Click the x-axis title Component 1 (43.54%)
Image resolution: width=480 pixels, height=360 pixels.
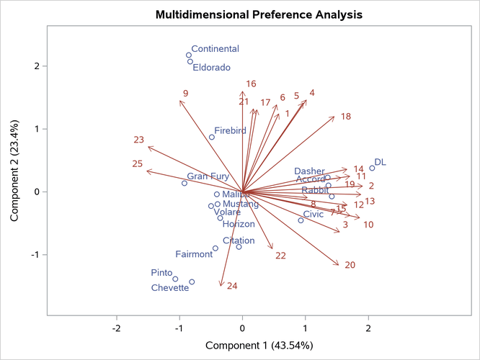259,345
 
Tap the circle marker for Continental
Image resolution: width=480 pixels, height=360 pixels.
189,55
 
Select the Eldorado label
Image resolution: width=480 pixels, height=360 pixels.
210,68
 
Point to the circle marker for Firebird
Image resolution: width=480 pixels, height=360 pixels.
212,137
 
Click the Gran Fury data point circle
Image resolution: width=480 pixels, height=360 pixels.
185,183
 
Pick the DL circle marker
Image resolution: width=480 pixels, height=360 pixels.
372,168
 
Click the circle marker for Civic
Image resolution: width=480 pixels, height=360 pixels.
301,220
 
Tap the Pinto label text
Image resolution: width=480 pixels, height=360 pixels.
161,273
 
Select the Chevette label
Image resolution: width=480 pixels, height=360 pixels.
170,288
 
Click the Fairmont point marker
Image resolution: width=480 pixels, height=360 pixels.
215,248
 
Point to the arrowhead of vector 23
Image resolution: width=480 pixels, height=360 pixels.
148,147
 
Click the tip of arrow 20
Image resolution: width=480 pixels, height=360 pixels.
339,266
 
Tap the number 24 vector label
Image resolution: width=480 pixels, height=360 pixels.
232,287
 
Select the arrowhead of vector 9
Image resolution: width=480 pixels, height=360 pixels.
179,101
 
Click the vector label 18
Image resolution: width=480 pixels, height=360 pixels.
346,117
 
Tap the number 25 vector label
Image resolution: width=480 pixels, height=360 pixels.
138,164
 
